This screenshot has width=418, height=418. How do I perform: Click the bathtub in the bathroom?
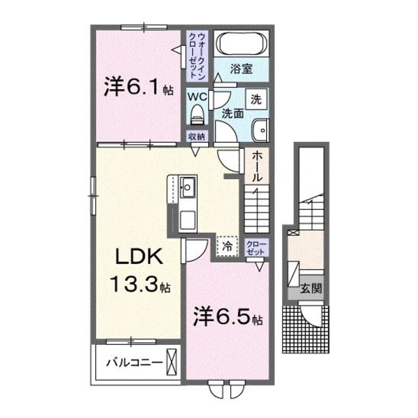[x=241, y=43]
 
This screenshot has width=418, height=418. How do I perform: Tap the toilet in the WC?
[x=198, y=114]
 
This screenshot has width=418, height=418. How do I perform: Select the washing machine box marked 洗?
[x=256, y=99]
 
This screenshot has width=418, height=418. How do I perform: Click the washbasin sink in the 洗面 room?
[x=261, y=130]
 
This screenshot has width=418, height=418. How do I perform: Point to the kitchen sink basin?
[x=188, y=187]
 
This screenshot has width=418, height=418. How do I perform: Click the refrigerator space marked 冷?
[x=227, y=246]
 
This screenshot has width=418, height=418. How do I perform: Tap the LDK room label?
[x=139, y=256]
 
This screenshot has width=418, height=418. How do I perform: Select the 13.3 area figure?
[x=140, y=284]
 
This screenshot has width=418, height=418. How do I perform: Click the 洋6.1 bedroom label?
[x=139, y=86]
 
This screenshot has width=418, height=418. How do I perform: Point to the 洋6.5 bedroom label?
[x=228, y=317]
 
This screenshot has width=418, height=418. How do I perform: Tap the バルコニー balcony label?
[x=134, y=363]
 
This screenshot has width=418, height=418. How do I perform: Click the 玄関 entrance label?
[x=311, y=289]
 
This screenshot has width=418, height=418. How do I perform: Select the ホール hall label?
[x=257, y=166]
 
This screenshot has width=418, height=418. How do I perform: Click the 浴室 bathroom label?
[x=241, y=69]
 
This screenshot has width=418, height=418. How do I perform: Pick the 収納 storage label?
[x=197, y=137]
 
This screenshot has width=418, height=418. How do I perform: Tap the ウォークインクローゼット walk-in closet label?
[x=197, y=55]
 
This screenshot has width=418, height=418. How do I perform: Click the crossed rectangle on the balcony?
[x=171, y=362]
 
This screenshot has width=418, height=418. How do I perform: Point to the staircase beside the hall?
[x=257, y=209]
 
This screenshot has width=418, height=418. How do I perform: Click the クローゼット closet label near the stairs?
[x=256, y=248]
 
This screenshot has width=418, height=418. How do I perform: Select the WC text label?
[x=197, y=97]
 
